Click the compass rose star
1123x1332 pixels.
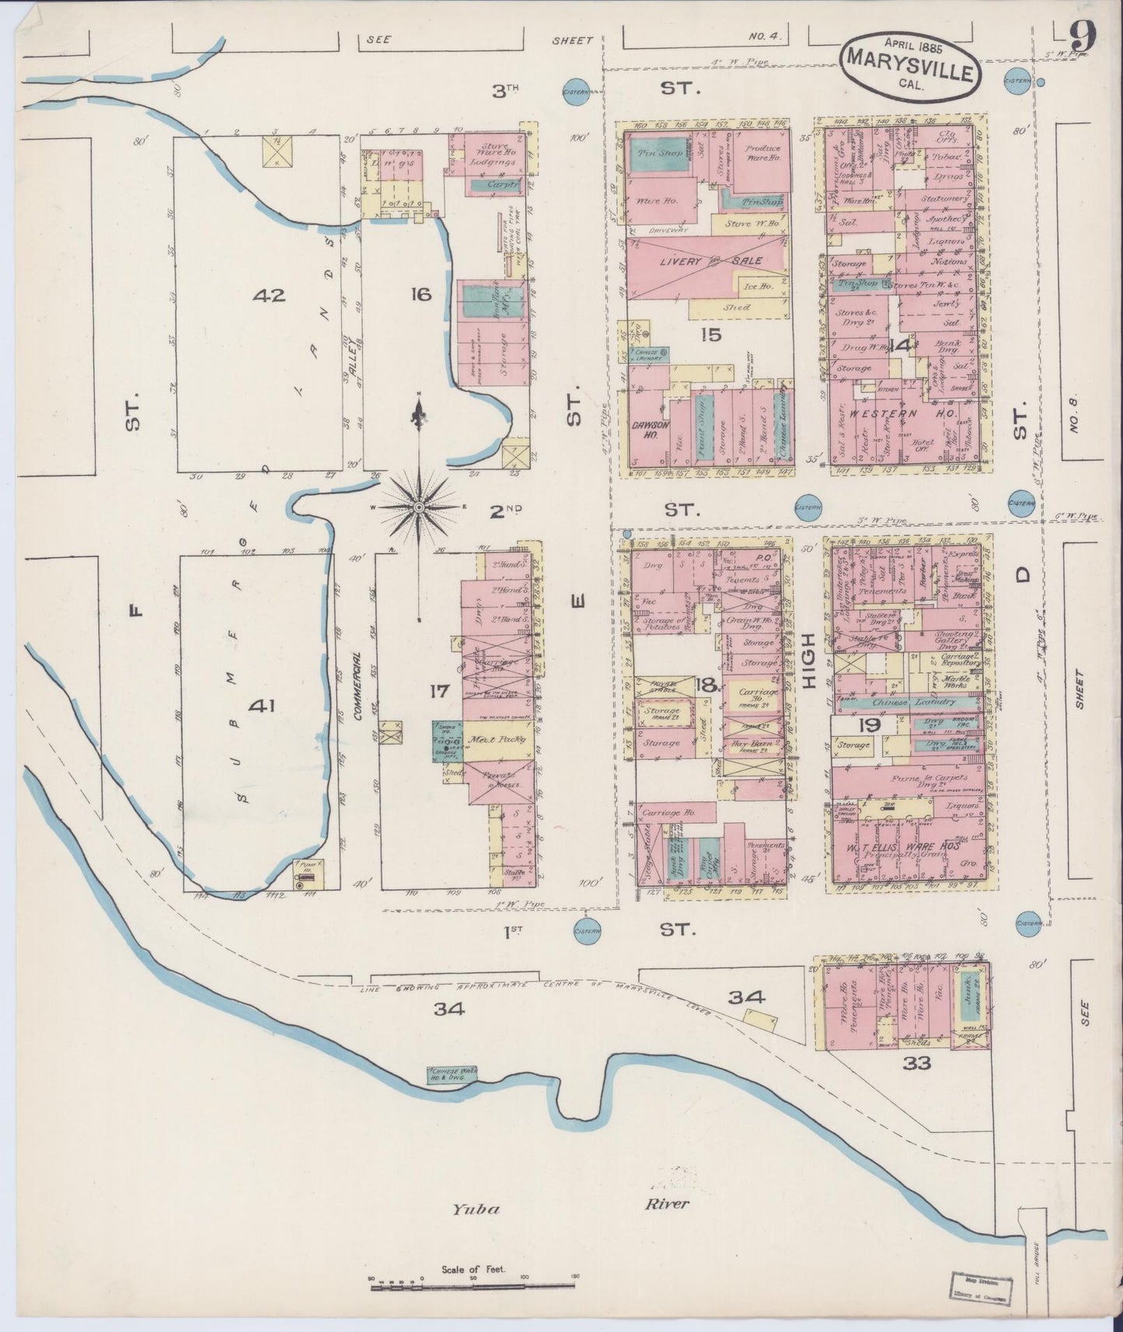(x=418, y=507)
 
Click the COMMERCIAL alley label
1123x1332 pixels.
(x=358, y=688)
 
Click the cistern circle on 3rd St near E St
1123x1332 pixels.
(x=574, y=90)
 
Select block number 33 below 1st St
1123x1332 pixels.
(x=918, y=1062)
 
